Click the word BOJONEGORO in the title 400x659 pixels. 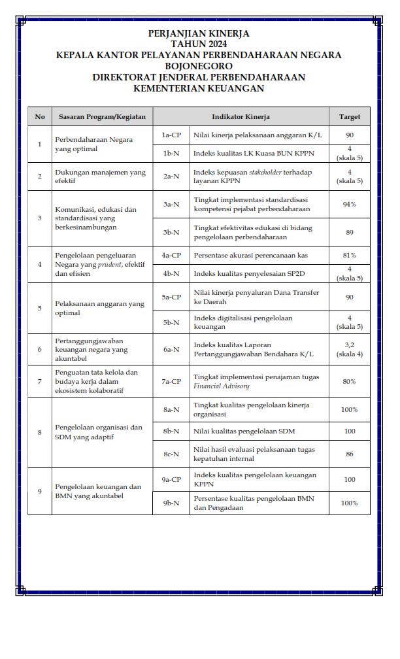coord(199,66)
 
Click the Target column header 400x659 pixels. coord(350,116)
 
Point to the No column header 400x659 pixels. coord(40,116)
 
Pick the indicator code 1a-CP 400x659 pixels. coord(171,135)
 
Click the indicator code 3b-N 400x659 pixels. coord(171,232)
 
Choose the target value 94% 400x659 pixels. coord(350,205)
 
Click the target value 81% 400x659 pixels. coord(350,255)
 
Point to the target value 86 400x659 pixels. coord(350,454)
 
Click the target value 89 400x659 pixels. coord(350,232)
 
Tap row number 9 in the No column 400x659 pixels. coord(40,491)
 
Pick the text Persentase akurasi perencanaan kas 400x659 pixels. coord(251,255)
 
